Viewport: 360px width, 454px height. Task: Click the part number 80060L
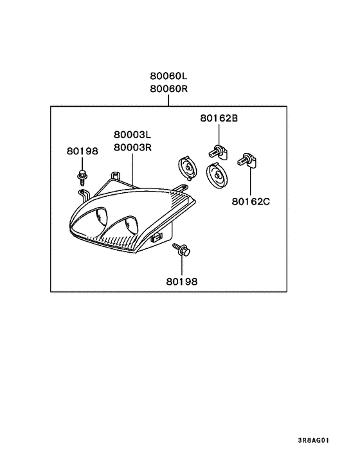[x=168, y=76]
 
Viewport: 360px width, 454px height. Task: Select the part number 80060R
[x=168, y=89]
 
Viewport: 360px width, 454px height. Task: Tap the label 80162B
[x=219, y=118]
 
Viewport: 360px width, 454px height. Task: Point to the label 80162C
[x=251, y=201]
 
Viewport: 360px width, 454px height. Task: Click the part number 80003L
[x=132, y=134]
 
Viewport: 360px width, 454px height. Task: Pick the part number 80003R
[x=132, y=147]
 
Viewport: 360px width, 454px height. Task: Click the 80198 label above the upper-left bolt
[x=82, y=151]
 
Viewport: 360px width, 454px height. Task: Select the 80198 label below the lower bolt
[x=182, y=282]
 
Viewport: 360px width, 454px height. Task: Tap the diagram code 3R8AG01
[x=314, y=440]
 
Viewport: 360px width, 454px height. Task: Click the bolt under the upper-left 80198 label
[x=82, y=177]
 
